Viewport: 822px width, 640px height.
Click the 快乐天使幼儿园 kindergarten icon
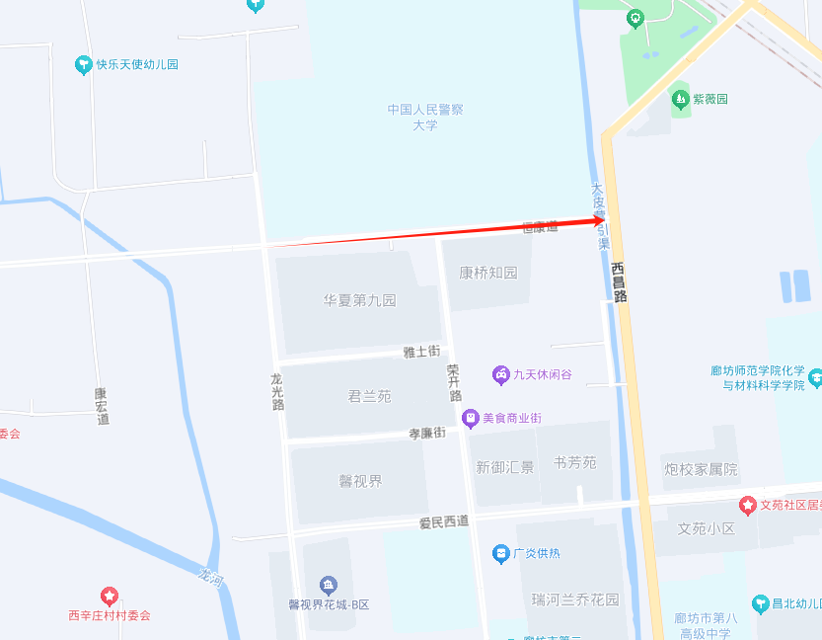click(x=84, y=65)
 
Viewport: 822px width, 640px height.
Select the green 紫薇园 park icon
click(x=679, y=99)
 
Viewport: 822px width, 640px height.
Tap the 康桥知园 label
click(x=487, y=273)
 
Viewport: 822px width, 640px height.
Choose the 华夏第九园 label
click(x=359, y=300)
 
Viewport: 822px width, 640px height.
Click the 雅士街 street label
click(x=421, y=352)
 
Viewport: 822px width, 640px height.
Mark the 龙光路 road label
click(x=278, y=391)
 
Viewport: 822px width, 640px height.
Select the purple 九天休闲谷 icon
click(x=501, y=374)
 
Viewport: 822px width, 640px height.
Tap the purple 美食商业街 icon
click(x=472, y=419)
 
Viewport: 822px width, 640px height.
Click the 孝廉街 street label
click(x=427, y=434)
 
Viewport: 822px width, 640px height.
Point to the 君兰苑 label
click(x=369, y=396)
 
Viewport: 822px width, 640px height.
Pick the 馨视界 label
click(x=360, y=481)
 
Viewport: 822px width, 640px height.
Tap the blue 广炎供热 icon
click(x=501, y=554)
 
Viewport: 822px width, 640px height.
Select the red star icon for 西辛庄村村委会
click(x=109, y=597)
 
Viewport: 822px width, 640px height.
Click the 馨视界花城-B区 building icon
click(x=329, y=586)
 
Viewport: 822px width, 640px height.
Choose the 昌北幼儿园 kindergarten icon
click(x=760, y=603)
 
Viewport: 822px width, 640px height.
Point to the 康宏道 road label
click(x=102, y=406)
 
